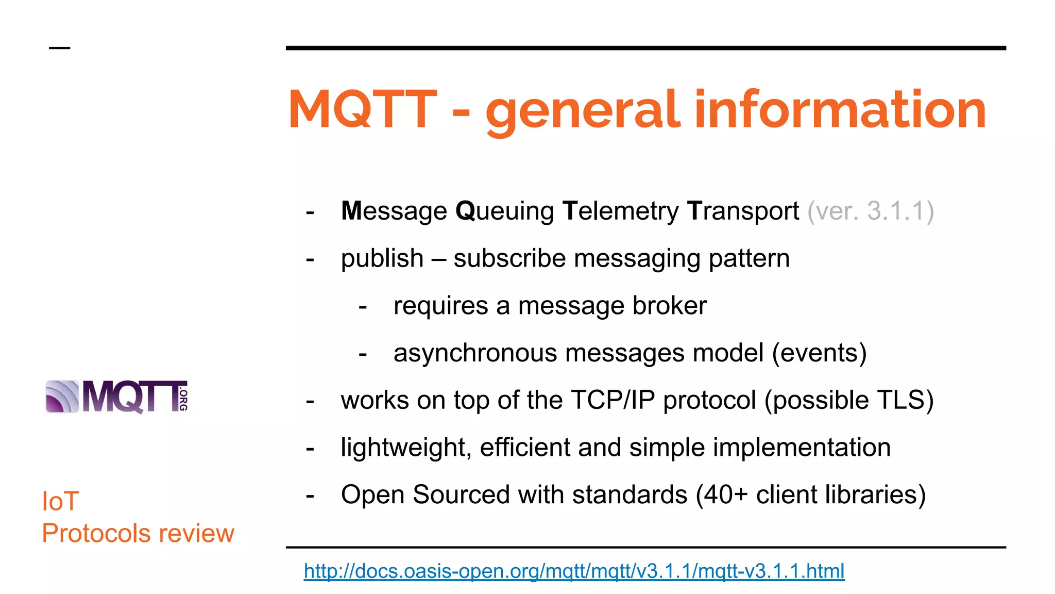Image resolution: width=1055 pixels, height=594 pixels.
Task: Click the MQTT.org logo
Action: pyautogui.click(x=117, y=397)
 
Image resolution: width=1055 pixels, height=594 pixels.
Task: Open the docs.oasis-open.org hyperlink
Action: pyautogui.click(x=574, y=571)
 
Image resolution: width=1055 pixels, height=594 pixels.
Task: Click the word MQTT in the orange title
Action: pyautogui.click(x=363, y=109)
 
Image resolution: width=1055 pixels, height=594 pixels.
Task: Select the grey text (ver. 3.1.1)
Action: pyautogui.click(x=870, y=211)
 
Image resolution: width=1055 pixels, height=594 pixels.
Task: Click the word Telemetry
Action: pyautogui.click(x=620, y=211)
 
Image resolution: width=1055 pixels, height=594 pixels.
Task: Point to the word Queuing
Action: pyautogui.click(x=504, y=211)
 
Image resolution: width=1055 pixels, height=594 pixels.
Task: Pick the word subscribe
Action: pyautogui.click(x=509, y=258)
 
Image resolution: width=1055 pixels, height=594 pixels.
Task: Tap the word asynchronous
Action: pyautogui.click(x=475, y=353)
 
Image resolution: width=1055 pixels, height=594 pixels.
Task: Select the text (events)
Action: pyautogui.click(x=819, y=353)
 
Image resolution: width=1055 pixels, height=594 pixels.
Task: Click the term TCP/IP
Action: pyautogui.click(x=612, y=400)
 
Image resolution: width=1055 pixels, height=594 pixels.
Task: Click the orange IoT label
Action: pyautogui.click(x=60, y=501)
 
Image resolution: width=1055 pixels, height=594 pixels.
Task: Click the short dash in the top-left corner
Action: pyautogui.click(x=59, y=48)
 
